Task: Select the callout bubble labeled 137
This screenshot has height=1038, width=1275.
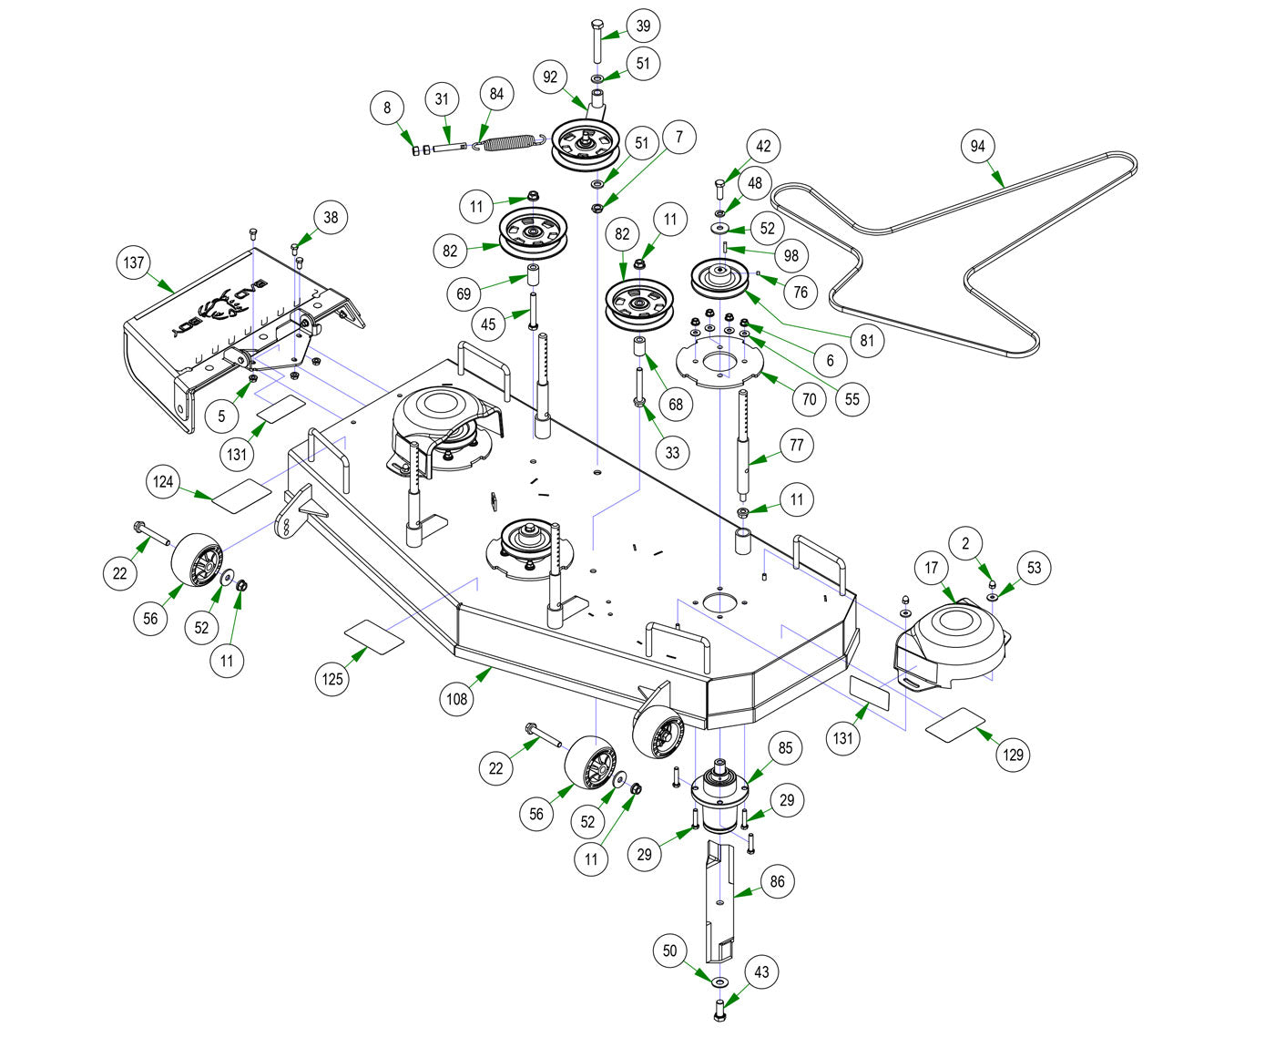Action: pos(134,263)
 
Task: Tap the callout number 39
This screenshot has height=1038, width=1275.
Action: pos(643,27)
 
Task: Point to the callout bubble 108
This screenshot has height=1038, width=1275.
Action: pos(456,699)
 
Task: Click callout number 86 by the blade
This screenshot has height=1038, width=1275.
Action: pos(777,881)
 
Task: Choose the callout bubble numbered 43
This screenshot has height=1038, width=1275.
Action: pos(761,972)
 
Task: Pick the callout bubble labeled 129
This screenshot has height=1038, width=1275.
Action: pos(1013,755)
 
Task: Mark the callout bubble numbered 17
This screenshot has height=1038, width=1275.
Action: pos(932,569)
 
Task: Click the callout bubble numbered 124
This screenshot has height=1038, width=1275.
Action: pos(163,482)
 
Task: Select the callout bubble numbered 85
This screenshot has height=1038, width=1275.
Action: pos(785,748)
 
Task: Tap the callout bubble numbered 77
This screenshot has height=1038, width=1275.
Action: pos(797,446)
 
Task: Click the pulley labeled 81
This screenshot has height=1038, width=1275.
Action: pos(719,277)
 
